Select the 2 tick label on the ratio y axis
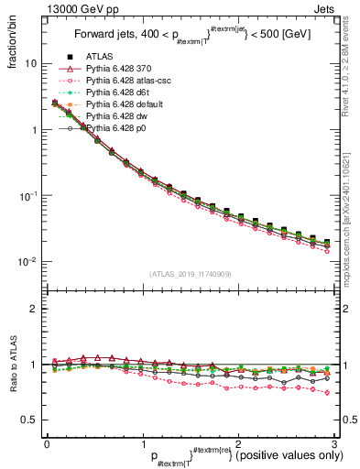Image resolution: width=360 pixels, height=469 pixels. (33, 309)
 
